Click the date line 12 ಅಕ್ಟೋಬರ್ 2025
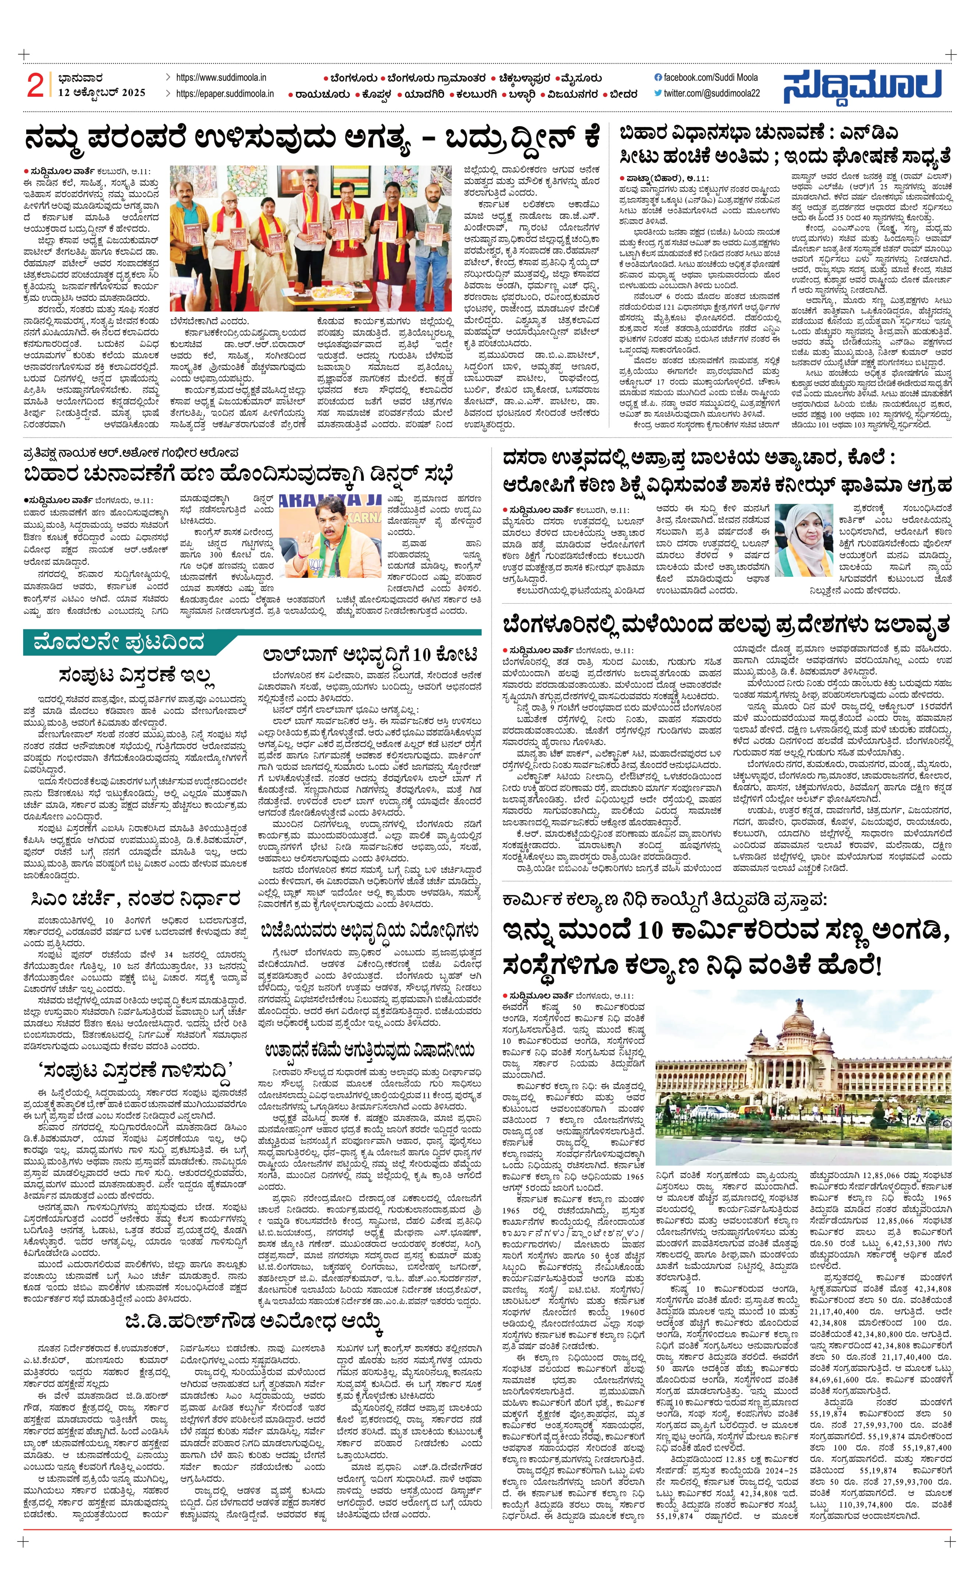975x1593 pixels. pyautogui.click(x=102, y=92)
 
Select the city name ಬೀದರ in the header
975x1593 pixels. pyautogui.click(x=623, y=95)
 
